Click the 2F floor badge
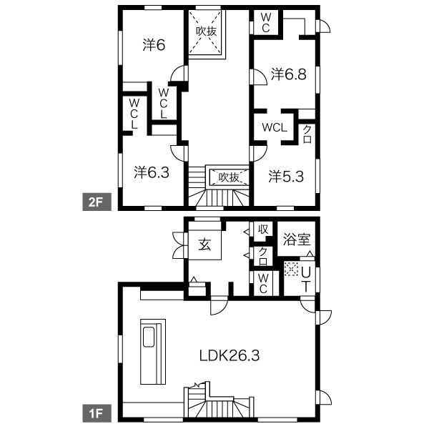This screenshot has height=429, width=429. click(x=97, y=202)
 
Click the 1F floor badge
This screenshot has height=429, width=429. click(x=97, y=413)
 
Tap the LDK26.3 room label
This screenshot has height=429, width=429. click(x=230, y=355)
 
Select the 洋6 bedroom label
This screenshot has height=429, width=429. click(x=154, y=45)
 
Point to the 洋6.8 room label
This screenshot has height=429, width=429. click(x=289, y=74)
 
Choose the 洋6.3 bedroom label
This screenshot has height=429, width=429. click(x=152, y=172)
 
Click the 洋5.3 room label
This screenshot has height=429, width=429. click(x=286, y=177)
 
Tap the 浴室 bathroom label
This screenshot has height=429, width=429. click(x=297, y=240)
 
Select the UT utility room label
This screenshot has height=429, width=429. click(x=305, y=280)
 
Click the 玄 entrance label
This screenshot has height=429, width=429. click(x=204, y=244)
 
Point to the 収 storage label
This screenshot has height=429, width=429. click(x=263, y=230)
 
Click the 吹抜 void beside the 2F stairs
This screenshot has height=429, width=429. click(x=230, y=177)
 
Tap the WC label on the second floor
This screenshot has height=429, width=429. click(x=266, y=23)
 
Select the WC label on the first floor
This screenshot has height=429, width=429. click(x=263, y=284)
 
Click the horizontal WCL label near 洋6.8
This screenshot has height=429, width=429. click(x=275, y=127)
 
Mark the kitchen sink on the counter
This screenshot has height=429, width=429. click(x=149, y=337)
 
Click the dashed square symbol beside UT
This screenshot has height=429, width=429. click(x=291, y=268)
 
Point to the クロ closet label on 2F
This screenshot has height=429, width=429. click(x=307, y=134)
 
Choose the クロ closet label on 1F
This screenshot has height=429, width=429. click(x=263, y=257)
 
